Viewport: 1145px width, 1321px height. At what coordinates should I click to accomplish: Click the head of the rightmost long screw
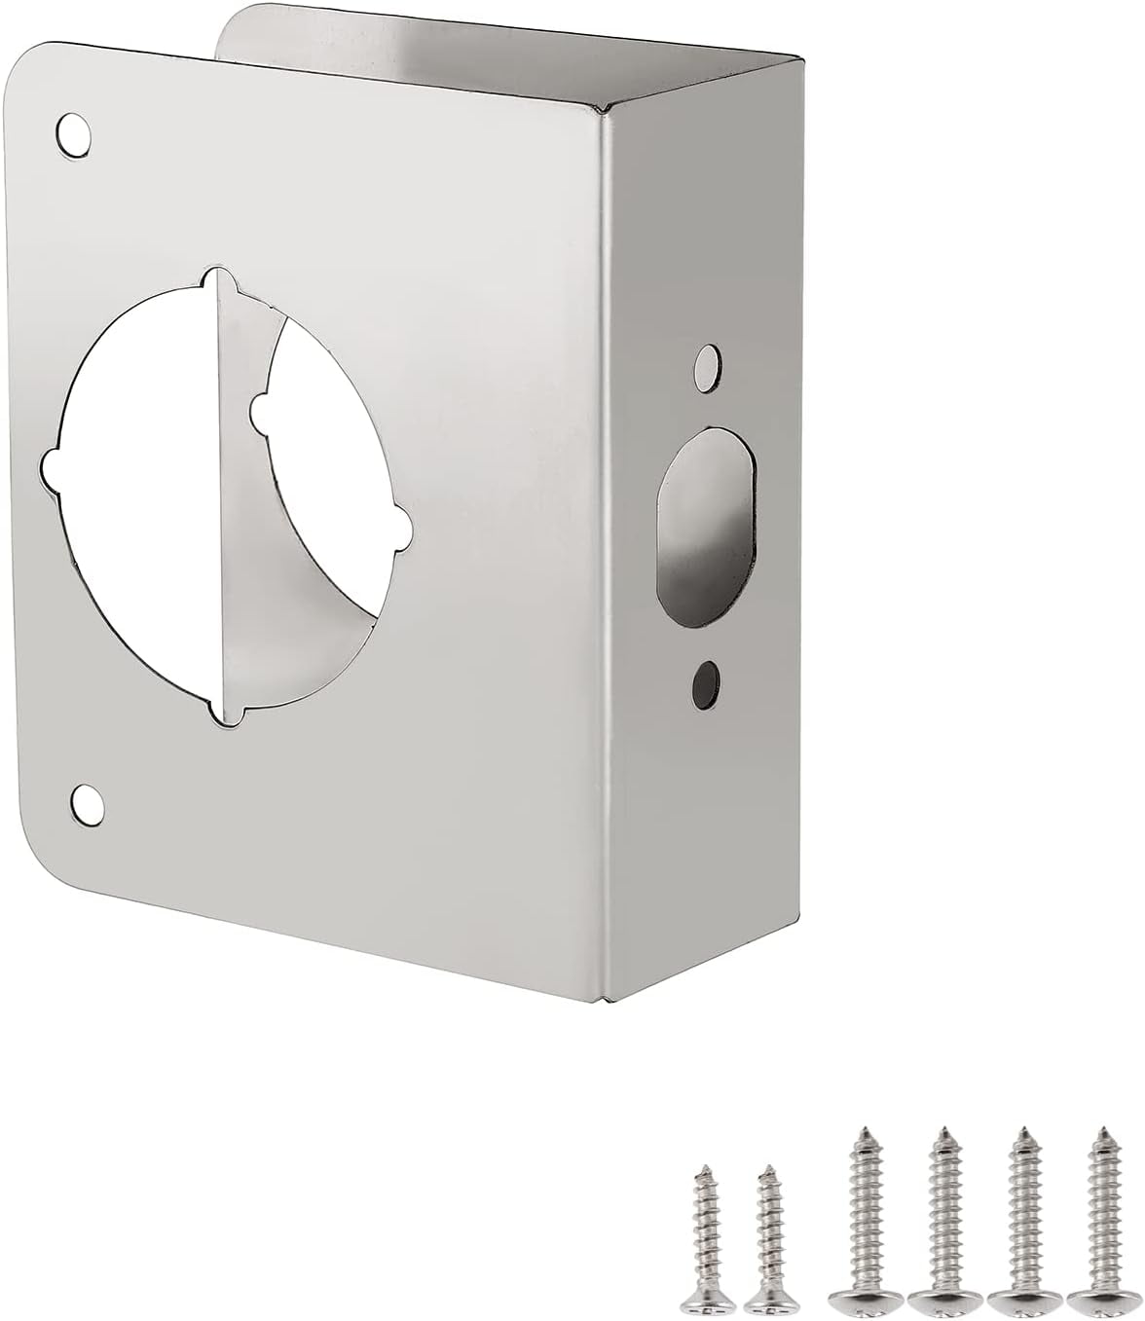[1092, 1297]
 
